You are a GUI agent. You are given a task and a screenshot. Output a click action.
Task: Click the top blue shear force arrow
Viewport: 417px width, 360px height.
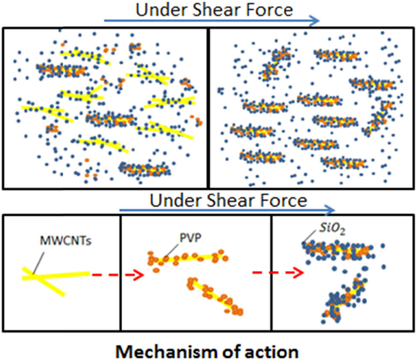pyautogui.click(x=212, y=20)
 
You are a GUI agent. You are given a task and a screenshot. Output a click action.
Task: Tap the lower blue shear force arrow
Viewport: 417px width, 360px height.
pyautogui.click(x=227, y=210)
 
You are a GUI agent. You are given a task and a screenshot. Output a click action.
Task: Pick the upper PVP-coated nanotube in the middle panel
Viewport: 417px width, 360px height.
pyautogui.click(x=188, y=258)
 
